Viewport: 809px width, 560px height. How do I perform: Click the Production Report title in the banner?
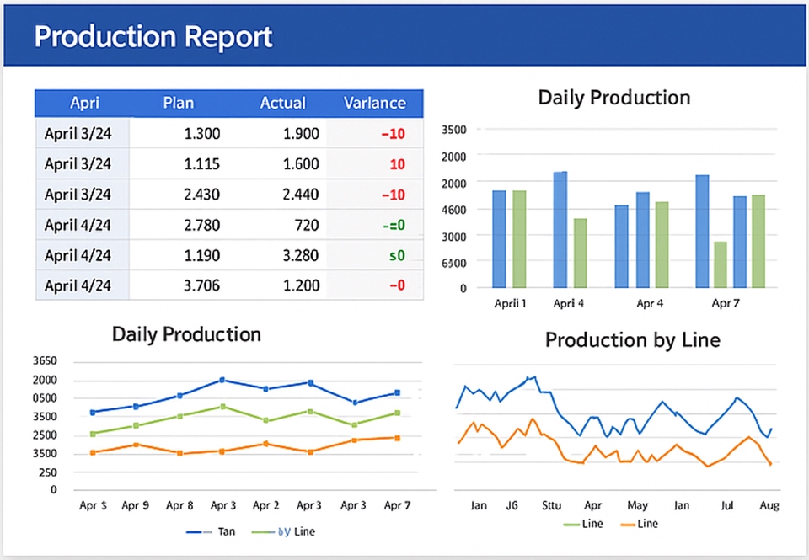coord(153,37)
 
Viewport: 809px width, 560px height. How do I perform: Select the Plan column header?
coord(178,103)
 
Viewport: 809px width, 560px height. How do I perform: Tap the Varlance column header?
coord(374,103)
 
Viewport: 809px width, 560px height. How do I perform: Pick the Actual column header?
coord(282,103)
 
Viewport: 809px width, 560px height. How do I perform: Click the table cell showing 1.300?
coord(201,133)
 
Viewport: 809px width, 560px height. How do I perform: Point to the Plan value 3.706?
coord(201,285)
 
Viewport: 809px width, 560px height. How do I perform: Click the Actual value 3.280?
coord(301,255)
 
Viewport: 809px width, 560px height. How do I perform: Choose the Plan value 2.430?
coord(201,195)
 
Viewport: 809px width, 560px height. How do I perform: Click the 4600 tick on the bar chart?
coord(453,209)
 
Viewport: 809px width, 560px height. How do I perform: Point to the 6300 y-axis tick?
coord(453,262)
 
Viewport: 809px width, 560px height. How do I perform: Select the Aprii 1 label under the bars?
coord(510,303)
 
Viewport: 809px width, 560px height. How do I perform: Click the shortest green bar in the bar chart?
coord(720,264)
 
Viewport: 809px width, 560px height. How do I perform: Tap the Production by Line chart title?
coord(632,340)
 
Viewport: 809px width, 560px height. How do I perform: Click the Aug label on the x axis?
coord(769,506)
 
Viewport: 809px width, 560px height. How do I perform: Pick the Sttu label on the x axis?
coord(551,506)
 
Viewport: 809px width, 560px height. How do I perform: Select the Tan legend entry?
coord(226,531)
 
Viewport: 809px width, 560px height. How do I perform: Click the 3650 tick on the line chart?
coord(45,360)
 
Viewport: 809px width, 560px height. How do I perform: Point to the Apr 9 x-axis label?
coord(135,506)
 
